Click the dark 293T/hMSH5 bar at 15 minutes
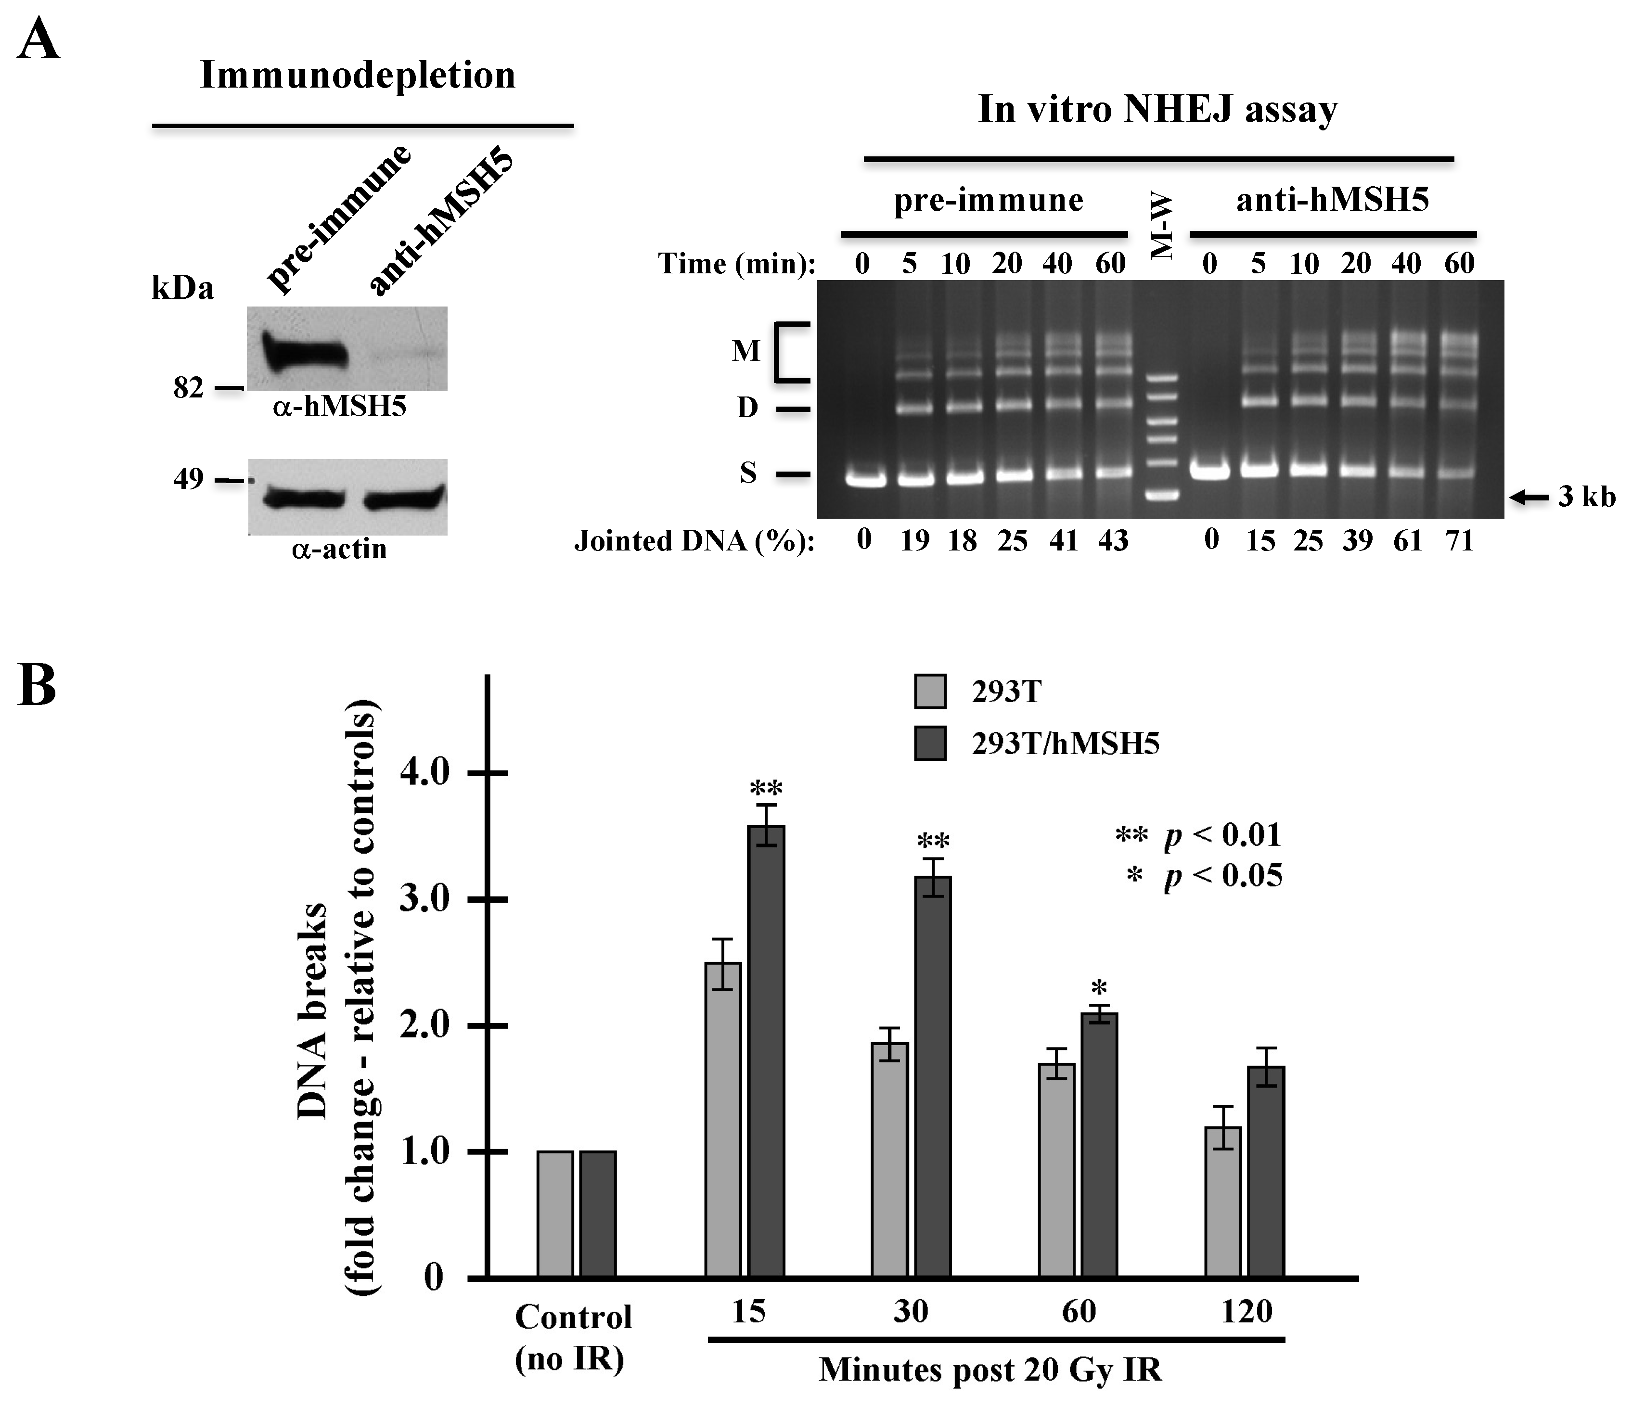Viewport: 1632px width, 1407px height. click(x=766, y=1050)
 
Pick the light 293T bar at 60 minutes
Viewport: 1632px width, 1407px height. click(x=1057, y=1169)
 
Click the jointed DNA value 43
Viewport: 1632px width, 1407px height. click(x=1112, y=541)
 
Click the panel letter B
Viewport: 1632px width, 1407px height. click(x=37, y=686)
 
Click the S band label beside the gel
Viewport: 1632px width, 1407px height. click(x=747, y=473)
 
